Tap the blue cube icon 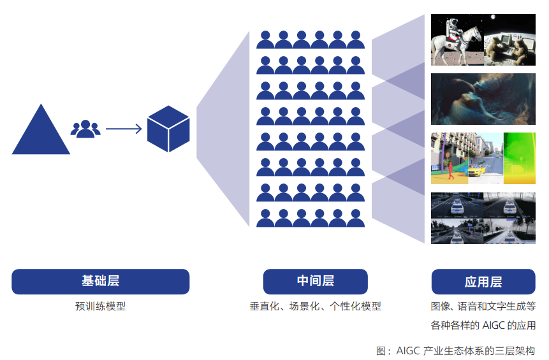(x=168, y=129)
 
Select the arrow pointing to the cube (x=124, y=129)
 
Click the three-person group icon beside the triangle (x=85, y=129)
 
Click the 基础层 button (x=100, y=281)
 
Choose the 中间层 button (x=315, y=281)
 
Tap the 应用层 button (x=483, y=281)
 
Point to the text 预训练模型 (x=100, y=306)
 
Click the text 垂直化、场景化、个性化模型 (x=315, y=306)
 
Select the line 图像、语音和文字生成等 (x=483, y=306)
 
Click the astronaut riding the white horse (x=450, y=40)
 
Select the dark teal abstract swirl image (x=483, y=99)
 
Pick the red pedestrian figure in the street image (x=451, y=169)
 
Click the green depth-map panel (x=519, y=158)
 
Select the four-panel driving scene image (x=483, y=218)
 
